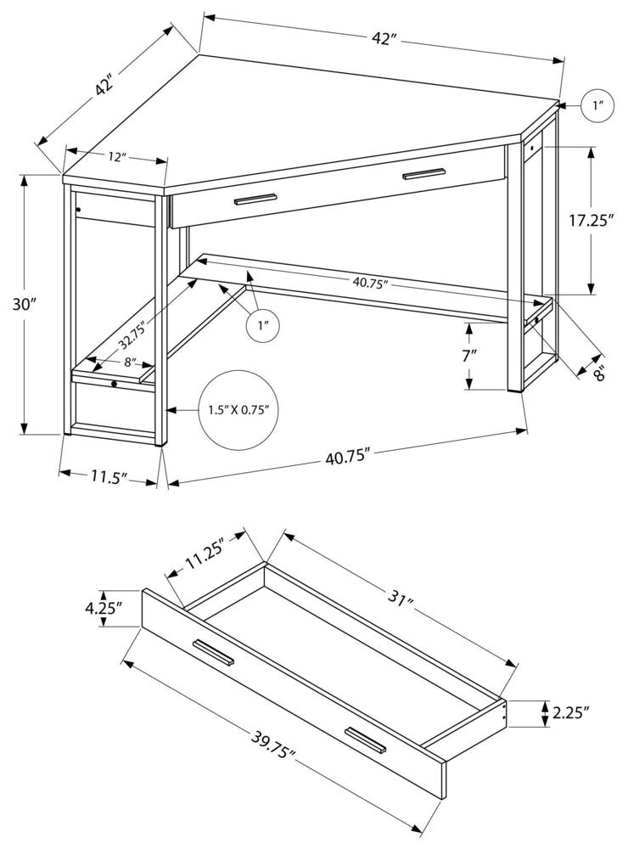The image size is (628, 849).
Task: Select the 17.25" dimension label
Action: coord(592,222)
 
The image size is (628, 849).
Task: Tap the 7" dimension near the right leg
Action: coord(469,357)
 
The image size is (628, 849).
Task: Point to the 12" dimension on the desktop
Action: coord(117,157)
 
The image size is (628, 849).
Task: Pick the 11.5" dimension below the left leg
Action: coord(109,475)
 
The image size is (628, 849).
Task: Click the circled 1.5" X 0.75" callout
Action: coord(238,410)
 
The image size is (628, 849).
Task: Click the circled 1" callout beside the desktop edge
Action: coord(597,106)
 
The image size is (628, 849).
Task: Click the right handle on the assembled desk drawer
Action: coord(423,173)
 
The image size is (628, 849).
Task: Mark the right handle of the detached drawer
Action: coord(366,739)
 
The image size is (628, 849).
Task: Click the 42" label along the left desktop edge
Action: coord(104,86)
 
